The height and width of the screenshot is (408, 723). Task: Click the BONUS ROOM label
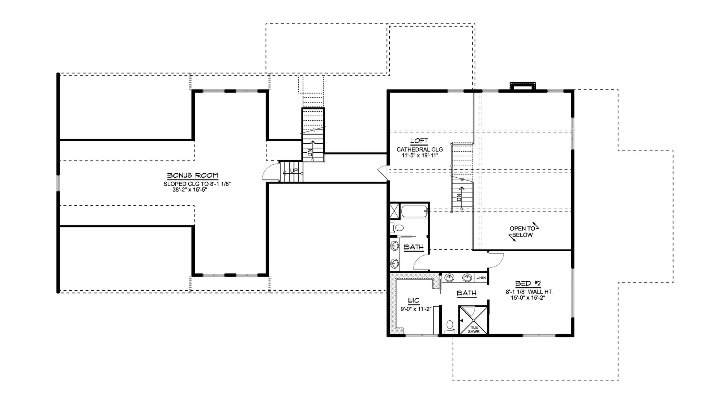[x=192, y=175]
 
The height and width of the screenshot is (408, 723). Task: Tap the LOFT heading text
[x=419, y=141]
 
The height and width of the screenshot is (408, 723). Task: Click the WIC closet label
[x=414, y=301]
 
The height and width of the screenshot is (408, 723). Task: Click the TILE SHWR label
[x=474, y=329]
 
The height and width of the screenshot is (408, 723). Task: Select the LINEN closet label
[x=481, y=278]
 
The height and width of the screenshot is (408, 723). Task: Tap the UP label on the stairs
[x=294, y=170]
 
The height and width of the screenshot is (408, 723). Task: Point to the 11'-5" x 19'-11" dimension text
[x=420, y=156]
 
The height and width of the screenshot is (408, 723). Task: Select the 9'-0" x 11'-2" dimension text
[x=416, y=309]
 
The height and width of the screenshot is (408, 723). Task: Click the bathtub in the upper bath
[x=414, y=211]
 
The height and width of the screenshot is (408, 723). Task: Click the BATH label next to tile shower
[x=466, y=293]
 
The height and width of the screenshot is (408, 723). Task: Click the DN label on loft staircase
[x=459, y=198]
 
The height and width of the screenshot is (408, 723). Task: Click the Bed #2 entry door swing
[x=496, y=259]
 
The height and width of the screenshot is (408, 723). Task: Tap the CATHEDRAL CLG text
[x=419, y=149]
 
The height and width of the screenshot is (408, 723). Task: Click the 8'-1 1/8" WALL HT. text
[x=529, y=292]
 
